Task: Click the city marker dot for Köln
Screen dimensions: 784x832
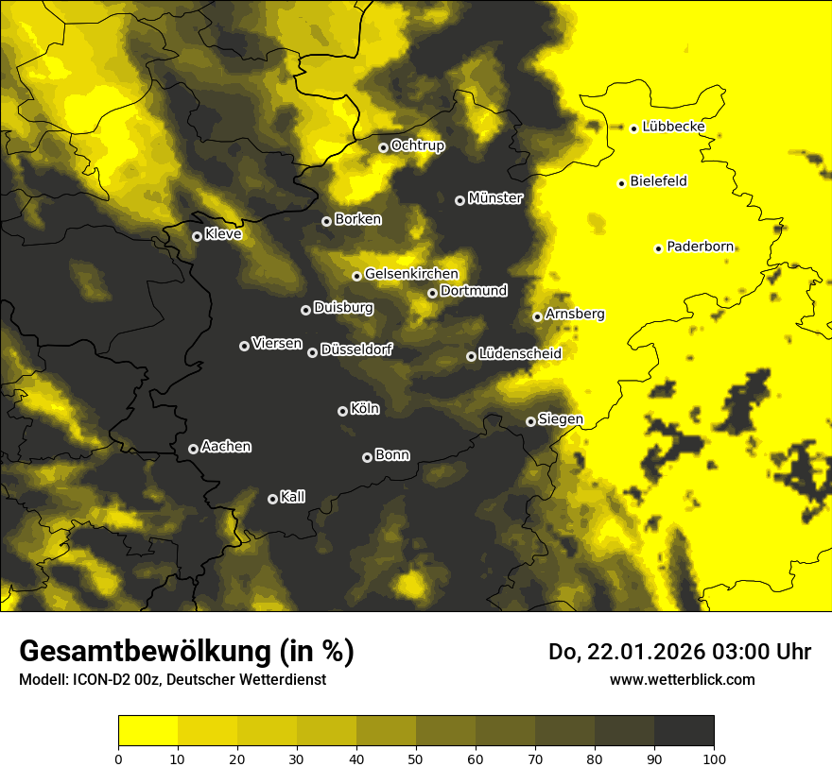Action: (x=342, y=411)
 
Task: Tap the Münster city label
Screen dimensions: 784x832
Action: (x=495, y=198)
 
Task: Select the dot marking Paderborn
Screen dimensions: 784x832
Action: (x=658, y=248)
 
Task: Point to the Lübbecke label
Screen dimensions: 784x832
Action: (x=673, y=127)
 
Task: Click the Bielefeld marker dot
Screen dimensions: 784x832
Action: (x=621, y=183)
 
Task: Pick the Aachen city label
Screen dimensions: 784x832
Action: (x=226, y=447)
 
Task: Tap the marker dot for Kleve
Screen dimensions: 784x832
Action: (x=197, y=236)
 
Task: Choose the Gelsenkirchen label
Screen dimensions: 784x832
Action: (x=411, y=274)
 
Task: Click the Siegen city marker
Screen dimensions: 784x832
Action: (x=530, y=421)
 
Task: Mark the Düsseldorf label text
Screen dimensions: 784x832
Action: (x=356, y=349)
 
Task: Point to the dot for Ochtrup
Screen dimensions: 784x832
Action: (x=383, y=147)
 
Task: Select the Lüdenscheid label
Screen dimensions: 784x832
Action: (x=520, y=354)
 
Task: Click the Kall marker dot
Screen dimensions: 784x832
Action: (x=272, y=499)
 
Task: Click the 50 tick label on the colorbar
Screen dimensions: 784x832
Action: (x=416, y=758)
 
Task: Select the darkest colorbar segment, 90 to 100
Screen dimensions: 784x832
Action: (x=684, y=730)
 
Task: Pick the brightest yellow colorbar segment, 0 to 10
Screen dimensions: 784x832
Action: (x=147, y=730)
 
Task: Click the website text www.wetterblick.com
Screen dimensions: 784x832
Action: (x=682, y=679)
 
